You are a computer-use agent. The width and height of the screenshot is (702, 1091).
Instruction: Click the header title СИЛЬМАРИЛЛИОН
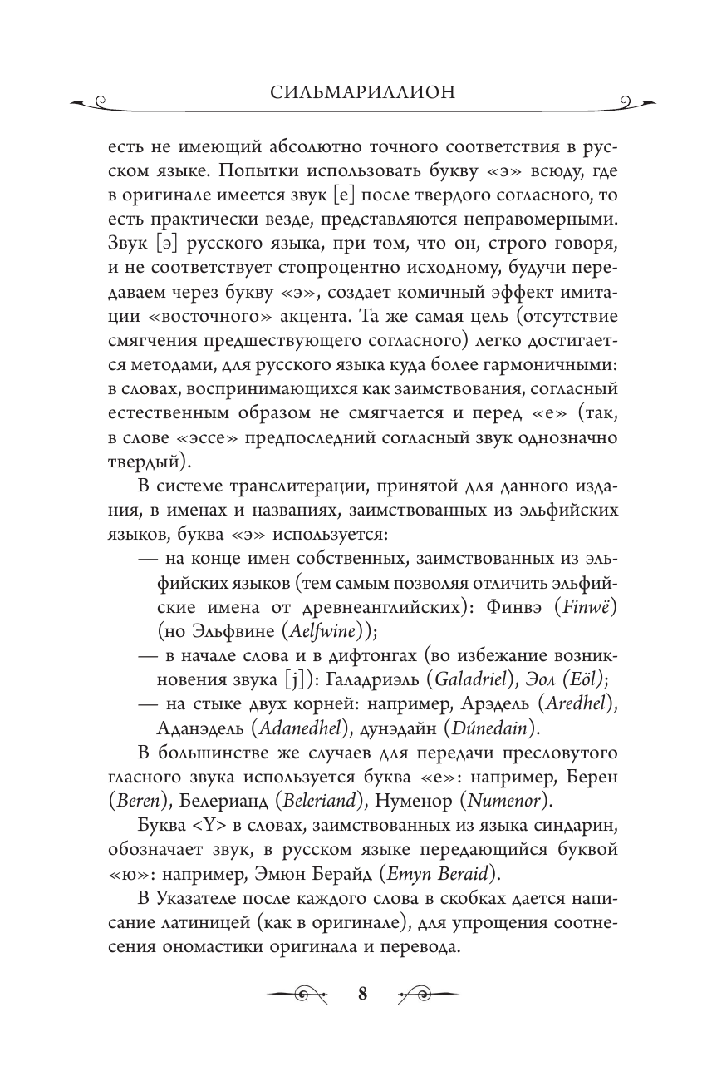[x=351, y=91]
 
